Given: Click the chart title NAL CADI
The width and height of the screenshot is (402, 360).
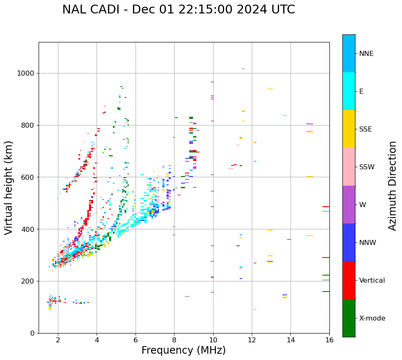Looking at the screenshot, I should pos(178,10).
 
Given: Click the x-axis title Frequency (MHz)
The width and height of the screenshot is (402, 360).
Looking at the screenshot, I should pos(183,350).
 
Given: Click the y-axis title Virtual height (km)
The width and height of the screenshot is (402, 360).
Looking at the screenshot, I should pos(9,188).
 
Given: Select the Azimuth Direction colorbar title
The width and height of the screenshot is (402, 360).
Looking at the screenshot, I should pos(392,186).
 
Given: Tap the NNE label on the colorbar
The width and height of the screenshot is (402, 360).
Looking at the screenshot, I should pos(366,54).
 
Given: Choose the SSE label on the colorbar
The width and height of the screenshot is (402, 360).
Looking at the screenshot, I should pos(365,129).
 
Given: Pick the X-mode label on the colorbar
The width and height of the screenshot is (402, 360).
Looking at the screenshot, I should pos(372,318).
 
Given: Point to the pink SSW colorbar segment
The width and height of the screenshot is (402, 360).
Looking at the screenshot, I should pos(349,167).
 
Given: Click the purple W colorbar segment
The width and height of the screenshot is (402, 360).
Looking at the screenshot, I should pos(349,205).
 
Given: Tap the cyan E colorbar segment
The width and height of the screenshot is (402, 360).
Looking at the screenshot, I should pos(349,91).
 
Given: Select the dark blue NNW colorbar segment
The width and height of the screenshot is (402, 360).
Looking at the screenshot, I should pos(349,242).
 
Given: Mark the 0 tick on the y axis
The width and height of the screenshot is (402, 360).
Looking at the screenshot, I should pos(32,333).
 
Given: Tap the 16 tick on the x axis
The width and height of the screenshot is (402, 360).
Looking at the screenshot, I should pos(329,340).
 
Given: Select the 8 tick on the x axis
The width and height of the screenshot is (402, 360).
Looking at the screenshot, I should pos(174,340).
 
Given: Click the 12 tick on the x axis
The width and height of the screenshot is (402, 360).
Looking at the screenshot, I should pos(252,340).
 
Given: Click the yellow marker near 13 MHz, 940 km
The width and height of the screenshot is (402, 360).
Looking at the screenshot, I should pos(270,89).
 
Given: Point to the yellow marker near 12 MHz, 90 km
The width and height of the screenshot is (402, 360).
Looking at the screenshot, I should pos(255,310).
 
